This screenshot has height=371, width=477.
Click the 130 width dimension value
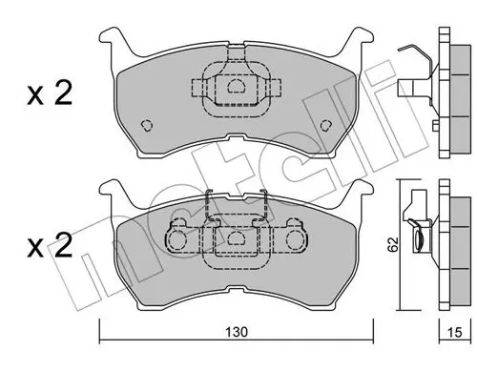[237, 332]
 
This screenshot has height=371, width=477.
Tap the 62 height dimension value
[393, 244]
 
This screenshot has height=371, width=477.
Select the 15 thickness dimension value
[455, 333]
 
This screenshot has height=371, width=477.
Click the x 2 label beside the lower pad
[50, 244]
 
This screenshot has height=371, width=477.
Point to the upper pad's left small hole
[147, 126]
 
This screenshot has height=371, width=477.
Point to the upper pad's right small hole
[326, 126]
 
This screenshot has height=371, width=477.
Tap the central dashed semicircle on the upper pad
[236, 86]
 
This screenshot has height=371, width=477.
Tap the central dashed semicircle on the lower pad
[236, 238]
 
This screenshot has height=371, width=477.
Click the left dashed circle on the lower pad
[176, 239]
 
